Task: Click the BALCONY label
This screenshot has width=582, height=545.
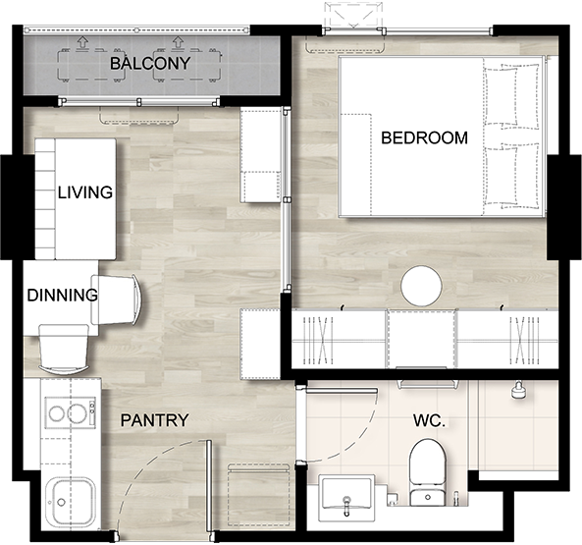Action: click(150, 64)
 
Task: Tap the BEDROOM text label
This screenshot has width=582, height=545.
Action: click(424, 137)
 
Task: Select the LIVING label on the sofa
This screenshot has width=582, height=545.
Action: click(85, 192)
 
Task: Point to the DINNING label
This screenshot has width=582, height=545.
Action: click(63, 296)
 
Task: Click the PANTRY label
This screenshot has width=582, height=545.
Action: click(155, 420)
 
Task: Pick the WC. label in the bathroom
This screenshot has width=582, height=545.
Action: click(429, 420)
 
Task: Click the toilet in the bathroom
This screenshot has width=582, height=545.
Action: click(427, 472)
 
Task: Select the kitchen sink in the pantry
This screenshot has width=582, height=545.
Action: click(71, 501)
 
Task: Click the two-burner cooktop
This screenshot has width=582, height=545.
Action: click(70, 412)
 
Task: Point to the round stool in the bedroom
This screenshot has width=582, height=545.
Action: click(421, 286)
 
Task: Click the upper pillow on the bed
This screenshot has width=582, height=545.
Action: click(510, 96)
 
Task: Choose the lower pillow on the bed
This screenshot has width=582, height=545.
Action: click(511, 176)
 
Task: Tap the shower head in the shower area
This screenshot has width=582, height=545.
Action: click(518, 391)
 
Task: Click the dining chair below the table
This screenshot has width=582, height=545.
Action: click(64, 350)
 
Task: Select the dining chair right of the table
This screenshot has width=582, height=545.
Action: click(116, 300)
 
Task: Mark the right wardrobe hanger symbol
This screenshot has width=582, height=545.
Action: click(524, 341)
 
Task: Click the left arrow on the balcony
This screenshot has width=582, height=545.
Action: click(82, 41)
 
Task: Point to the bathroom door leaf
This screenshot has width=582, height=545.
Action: click(342, 390)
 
